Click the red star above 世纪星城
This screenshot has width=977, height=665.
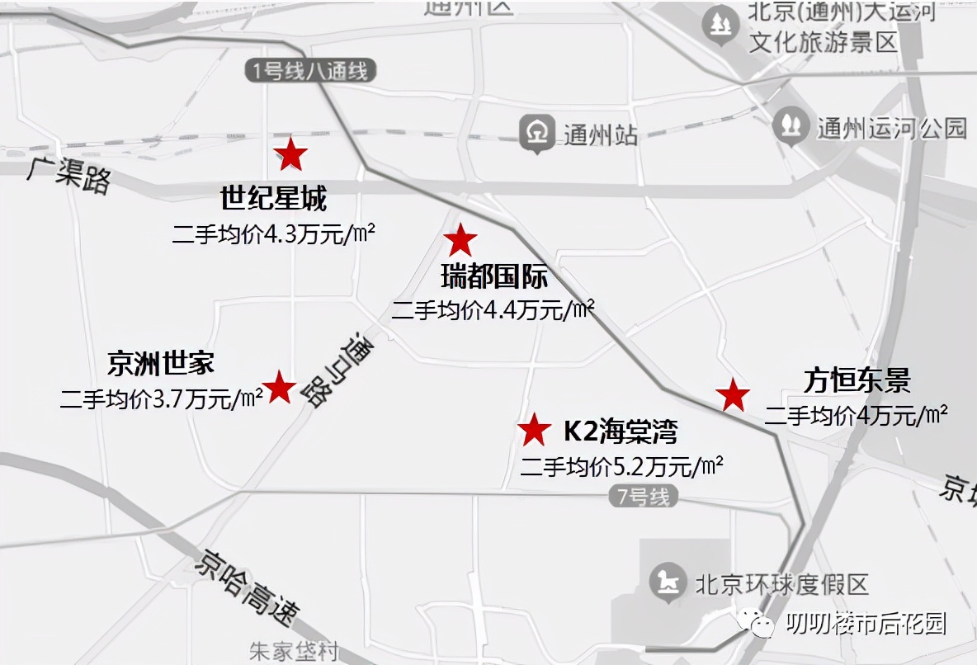point(290,153)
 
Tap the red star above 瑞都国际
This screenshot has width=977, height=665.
point(460,240)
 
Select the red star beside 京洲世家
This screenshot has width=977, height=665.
point(280,387)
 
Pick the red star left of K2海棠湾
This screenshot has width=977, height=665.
point(535,429)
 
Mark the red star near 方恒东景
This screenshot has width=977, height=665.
point(733,395)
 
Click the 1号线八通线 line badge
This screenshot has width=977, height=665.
point(310,71)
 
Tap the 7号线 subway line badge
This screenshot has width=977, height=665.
point(647,497)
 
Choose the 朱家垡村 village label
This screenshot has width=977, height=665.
point(294,652)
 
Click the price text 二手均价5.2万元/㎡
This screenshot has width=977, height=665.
point(621,466)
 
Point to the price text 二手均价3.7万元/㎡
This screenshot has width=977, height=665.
point(161,399)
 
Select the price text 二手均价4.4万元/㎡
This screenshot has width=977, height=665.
point(493,310)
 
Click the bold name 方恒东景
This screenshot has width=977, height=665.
point(857,380)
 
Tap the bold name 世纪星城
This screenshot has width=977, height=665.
point(273,199)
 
